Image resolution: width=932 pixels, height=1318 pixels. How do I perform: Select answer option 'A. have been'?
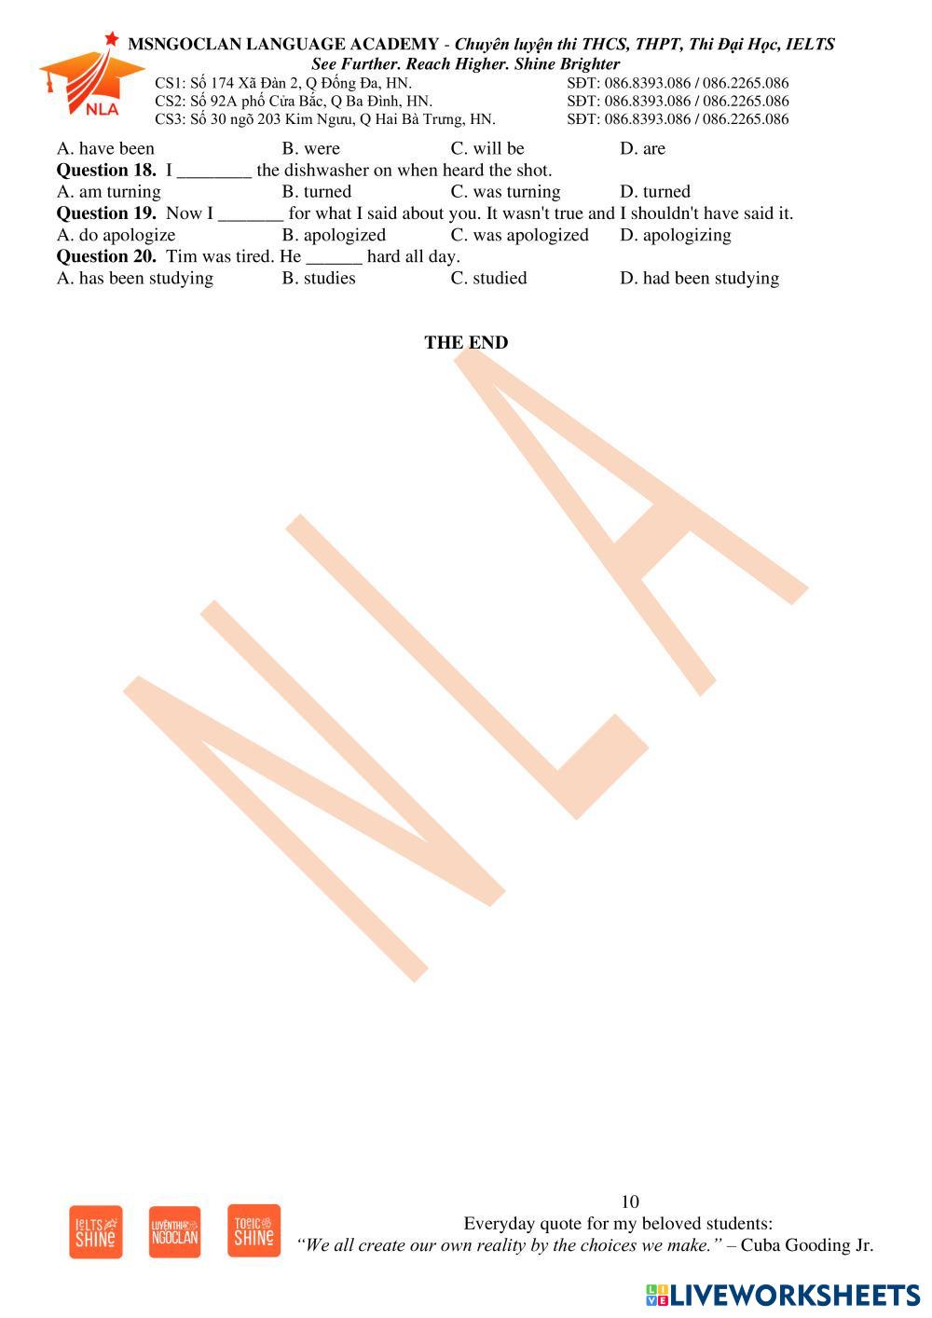105,148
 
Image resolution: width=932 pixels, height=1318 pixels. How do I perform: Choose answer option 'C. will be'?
487,148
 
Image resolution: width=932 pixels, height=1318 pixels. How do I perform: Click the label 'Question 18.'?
106,170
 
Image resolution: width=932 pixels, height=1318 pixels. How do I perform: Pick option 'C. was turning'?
505,192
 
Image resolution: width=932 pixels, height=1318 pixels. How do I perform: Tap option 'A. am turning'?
108,192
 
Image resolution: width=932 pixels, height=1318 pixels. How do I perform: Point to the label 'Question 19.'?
106,213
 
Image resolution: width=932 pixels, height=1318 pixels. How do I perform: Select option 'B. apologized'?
334,235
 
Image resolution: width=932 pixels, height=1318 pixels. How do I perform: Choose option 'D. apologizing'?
675,235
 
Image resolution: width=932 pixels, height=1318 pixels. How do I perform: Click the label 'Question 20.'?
106,256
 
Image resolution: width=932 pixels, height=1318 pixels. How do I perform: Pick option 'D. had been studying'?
699,278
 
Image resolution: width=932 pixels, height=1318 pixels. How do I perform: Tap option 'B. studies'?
319,278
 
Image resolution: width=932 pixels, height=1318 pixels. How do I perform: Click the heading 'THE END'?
466,342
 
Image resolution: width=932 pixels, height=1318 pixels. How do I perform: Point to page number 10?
630,1201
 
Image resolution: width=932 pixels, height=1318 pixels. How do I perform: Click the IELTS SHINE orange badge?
96,1232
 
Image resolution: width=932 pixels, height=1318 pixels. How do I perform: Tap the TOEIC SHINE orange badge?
254,1230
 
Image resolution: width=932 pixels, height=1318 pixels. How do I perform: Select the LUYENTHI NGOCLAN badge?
174,1232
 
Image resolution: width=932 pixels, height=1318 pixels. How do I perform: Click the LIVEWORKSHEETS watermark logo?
782,1295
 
